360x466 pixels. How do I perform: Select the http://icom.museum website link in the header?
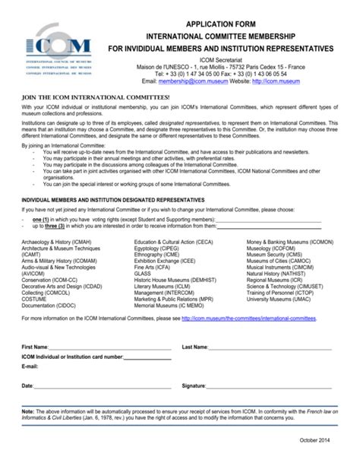273,78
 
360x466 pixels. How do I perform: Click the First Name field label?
34,347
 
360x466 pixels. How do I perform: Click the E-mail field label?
30,365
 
